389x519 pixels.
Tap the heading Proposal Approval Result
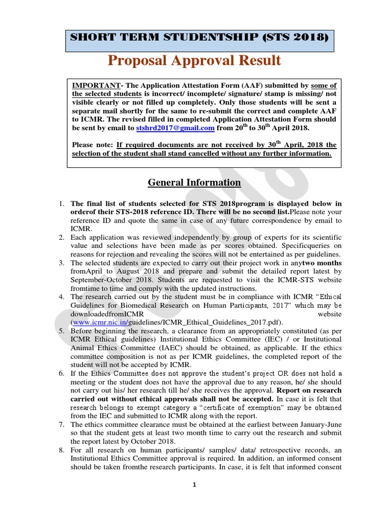194,60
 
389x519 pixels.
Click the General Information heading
194,182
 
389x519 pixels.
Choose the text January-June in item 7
320,425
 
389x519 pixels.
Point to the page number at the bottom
194,485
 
